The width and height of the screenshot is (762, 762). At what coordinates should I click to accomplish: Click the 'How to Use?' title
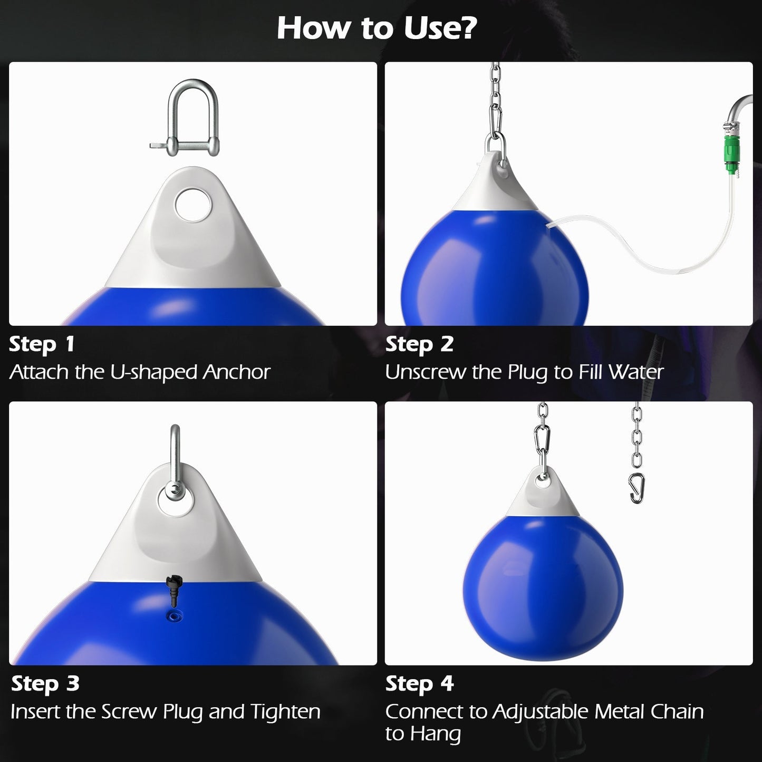[x=377, y=28]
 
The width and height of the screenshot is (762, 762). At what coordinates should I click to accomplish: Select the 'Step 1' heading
[x=42, y=344]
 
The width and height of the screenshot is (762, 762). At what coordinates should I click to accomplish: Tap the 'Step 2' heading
[x=419, y=344]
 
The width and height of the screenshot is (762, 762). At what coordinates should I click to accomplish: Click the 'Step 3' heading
[x=45, y=684]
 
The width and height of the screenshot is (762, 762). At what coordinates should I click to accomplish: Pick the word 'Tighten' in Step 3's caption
[x=285, y=712]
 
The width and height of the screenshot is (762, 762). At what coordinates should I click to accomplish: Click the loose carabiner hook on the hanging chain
[x=637, y=488]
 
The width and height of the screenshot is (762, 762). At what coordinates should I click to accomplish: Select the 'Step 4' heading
[x=419, y=684]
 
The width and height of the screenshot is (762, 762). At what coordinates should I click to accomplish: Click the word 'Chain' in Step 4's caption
[x=677, y=712]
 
